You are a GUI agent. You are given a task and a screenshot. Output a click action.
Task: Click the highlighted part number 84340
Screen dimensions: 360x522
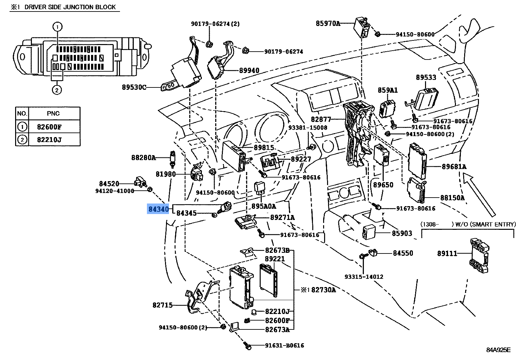click(158, 209)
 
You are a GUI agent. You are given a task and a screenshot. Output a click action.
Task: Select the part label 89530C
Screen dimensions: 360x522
click(134, 87)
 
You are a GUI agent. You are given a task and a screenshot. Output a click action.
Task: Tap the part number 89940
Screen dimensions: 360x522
click(249, 70)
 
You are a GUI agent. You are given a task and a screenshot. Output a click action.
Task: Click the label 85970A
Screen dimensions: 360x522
click(328, 23)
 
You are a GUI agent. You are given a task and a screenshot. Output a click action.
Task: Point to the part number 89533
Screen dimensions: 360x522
click(426, 77)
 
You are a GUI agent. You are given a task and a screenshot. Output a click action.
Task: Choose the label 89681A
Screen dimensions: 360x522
click(454, 167)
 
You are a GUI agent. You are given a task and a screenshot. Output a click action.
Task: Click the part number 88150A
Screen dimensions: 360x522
click(452, 198)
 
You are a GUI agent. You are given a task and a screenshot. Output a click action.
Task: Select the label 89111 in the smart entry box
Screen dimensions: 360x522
click(447, 253)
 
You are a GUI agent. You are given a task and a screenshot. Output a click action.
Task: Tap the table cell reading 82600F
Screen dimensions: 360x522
click(49, 127)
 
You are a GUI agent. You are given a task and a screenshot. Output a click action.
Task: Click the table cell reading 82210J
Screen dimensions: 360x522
click(49, 140)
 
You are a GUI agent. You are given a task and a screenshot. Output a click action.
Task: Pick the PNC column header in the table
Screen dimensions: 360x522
click(53, 113)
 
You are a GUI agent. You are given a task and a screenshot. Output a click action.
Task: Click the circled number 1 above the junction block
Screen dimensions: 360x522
click(57, 27)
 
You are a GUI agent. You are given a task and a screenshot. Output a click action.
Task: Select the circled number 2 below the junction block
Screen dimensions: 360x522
click(57, 90)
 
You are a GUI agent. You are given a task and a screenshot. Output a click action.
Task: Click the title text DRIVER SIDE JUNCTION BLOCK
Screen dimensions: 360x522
click(70, 7)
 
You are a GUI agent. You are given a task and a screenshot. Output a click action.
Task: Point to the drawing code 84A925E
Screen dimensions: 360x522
click(498, 350)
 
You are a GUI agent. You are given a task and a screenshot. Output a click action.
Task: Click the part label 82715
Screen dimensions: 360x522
click(162, 305)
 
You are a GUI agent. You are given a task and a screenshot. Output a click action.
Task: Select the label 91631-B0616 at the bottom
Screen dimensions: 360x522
click(284, 346)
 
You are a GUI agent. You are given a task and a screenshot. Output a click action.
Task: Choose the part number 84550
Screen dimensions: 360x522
click(403, 253)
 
